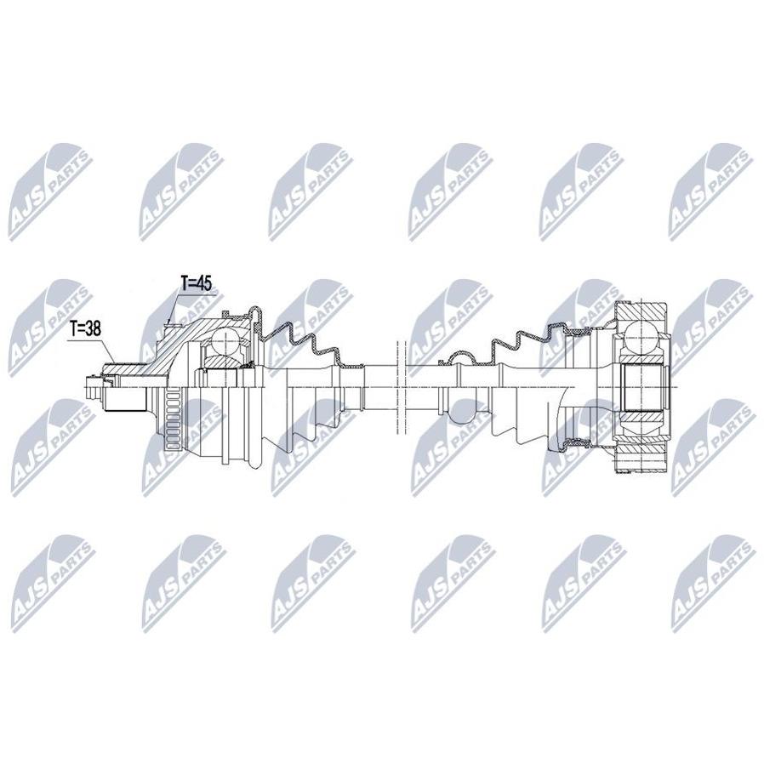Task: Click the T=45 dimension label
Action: coord(197,284)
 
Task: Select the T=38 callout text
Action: coord(85,329)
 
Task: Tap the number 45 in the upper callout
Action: coord(205,284)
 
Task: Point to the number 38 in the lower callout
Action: coord(93,329)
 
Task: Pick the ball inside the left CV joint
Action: coord(225,341)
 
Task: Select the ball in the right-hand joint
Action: coord(641,337)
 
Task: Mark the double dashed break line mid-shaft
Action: coord(402,387)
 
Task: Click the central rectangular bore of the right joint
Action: coord(642,388)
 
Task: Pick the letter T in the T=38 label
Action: coord(73,329)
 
